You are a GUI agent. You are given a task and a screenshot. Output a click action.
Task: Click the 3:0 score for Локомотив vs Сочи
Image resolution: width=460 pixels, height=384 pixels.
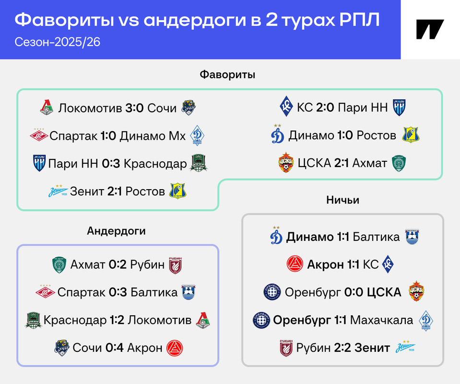pos(134,108)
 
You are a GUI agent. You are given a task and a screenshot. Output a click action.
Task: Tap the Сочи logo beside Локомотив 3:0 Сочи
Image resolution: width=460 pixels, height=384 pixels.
pos(189,108)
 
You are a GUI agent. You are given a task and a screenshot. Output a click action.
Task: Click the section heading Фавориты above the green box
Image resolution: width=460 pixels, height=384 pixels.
pos(227,74)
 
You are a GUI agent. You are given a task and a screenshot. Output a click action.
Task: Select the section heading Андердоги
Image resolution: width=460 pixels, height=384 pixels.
pos(116,231)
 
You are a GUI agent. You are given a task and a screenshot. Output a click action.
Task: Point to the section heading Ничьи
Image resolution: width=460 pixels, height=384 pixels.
pos(342,200)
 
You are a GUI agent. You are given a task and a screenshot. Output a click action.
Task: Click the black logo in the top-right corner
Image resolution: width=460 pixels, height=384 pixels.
pos(430,29)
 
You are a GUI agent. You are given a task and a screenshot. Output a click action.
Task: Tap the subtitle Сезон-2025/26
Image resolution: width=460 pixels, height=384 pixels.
pos(58,42)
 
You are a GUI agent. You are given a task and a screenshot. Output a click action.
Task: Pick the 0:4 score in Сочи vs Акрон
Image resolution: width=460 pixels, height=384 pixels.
pos(115,348)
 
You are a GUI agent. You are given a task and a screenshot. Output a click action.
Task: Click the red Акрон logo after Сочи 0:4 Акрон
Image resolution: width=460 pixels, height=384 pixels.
pos(175,348)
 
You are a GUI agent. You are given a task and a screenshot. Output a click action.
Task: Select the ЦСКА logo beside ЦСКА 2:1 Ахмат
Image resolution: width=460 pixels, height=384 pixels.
pos(286,162)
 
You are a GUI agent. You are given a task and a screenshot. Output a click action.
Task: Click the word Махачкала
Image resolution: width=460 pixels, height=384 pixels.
pos(381,320)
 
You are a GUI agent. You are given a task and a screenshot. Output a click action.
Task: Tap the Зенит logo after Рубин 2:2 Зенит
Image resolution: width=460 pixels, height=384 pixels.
pos(406,347)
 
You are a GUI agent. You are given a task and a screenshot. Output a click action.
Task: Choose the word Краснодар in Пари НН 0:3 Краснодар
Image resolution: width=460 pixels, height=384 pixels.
pos(155,164)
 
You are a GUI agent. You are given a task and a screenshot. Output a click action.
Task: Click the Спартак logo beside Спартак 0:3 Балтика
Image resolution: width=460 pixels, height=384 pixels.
pos(45,291)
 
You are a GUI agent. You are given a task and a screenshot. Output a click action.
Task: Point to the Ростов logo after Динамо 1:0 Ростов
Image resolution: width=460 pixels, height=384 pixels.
pos(411,135)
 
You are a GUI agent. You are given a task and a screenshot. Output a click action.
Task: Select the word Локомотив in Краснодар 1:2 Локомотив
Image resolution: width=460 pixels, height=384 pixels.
pos(160,320)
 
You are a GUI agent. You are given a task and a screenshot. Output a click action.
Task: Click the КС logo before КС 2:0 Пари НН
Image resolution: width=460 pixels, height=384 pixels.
pos(286,106)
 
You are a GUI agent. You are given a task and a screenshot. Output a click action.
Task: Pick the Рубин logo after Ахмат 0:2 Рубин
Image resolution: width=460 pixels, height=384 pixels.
pos(175,265)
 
